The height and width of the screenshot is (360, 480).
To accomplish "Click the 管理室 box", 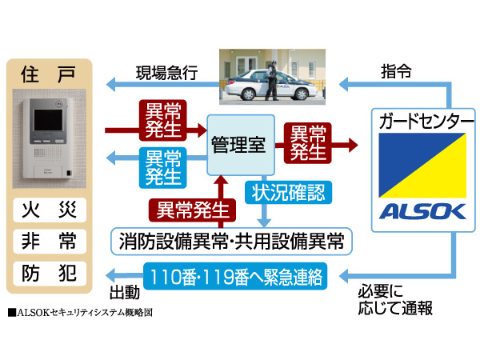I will point(238,144).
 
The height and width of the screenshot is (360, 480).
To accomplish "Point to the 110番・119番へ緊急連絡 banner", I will point(233,277).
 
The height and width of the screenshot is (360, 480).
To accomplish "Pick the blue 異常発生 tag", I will point(163,166).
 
